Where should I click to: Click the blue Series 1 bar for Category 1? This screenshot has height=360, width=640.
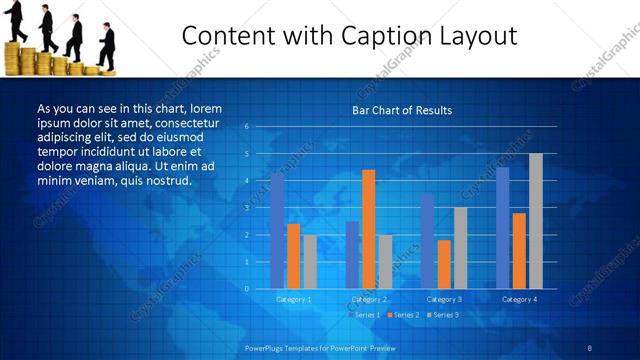[277, 231]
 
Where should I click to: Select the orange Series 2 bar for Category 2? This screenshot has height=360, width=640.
[368, 229]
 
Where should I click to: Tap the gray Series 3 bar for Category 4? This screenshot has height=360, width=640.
[535, 221]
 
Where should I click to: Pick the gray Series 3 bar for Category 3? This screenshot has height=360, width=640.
[460, 248]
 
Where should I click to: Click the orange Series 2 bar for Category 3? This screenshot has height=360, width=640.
[444, 264]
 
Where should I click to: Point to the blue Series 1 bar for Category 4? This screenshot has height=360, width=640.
[502, 228]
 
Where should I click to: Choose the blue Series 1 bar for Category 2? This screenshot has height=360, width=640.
[352, 255]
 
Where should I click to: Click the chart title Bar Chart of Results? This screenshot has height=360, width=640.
[402, 110]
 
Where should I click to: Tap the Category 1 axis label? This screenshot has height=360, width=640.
[294, 299]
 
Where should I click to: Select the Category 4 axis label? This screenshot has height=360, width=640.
[518, 299]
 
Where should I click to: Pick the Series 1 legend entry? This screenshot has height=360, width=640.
[366, 315]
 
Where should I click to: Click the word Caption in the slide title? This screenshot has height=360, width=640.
[359, 37]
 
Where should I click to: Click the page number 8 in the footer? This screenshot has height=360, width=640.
[590, 347]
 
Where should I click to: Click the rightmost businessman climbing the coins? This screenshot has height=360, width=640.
[106, 44]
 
